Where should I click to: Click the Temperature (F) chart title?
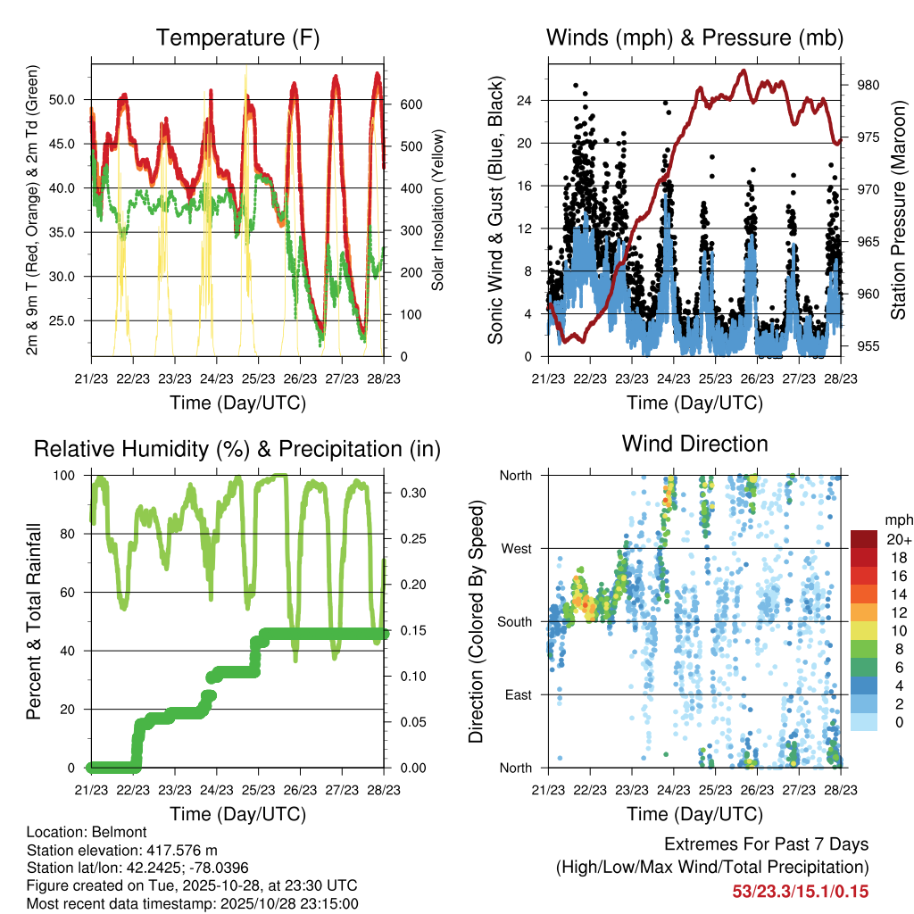click(x=237, y=38)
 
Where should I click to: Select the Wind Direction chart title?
click(x=694, y=444)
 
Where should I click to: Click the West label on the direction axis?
click(x=517, y=548)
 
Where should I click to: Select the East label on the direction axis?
click(x=519, y=694)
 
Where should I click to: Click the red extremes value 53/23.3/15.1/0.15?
click(x=800, y=892)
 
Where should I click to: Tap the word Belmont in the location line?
click(x=109, y=832)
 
